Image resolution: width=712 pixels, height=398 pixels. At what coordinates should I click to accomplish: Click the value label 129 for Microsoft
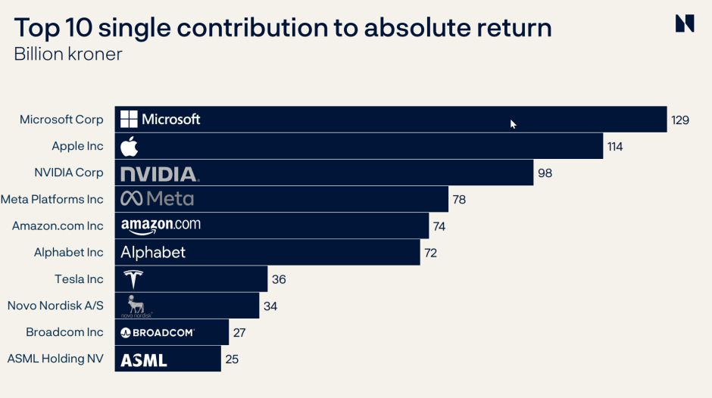(x=679, y=120)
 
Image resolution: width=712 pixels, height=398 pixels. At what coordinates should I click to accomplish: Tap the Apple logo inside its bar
(x=130, y=146)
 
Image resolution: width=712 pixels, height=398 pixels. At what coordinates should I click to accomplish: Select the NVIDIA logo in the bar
(x=160, y=173)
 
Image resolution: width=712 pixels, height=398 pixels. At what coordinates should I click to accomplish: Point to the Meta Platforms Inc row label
(x=52, y=200)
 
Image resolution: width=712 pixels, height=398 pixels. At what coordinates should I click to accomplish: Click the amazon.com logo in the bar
(x=161, y=225)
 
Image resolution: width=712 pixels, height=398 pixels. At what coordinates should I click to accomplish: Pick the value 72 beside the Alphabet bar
(x=430, y=253)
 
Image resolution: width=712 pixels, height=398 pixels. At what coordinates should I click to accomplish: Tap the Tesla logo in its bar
(x=133, y=278)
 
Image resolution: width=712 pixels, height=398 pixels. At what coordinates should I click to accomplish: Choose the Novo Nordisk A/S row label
(x=55, y=306)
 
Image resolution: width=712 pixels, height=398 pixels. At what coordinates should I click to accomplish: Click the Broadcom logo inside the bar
(x=158, y=332)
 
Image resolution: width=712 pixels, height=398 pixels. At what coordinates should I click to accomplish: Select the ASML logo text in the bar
(x=144, y=359)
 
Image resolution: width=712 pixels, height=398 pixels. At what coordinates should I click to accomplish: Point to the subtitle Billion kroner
(x=68, y=54)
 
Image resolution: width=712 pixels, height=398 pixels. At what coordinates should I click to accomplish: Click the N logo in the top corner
(x=684, y=23)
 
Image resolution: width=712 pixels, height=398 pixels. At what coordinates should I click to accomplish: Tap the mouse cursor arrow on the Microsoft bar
(x=513, y=124)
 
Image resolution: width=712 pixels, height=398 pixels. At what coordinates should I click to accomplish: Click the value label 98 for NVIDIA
(x=545, y=173)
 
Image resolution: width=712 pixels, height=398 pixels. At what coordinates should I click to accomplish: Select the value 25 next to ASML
(x=232, y=359)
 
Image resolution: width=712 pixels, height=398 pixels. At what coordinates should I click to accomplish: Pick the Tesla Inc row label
(x=79, y=279)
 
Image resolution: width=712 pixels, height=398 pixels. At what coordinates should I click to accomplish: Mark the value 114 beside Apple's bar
(x=614, y=147)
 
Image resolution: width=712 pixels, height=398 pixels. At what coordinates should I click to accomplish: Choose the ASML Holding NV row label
(x=55, y=359)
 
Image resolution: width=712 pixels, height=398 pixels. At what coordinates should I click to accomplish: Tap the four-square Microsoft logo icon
(x=130, y=120)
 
